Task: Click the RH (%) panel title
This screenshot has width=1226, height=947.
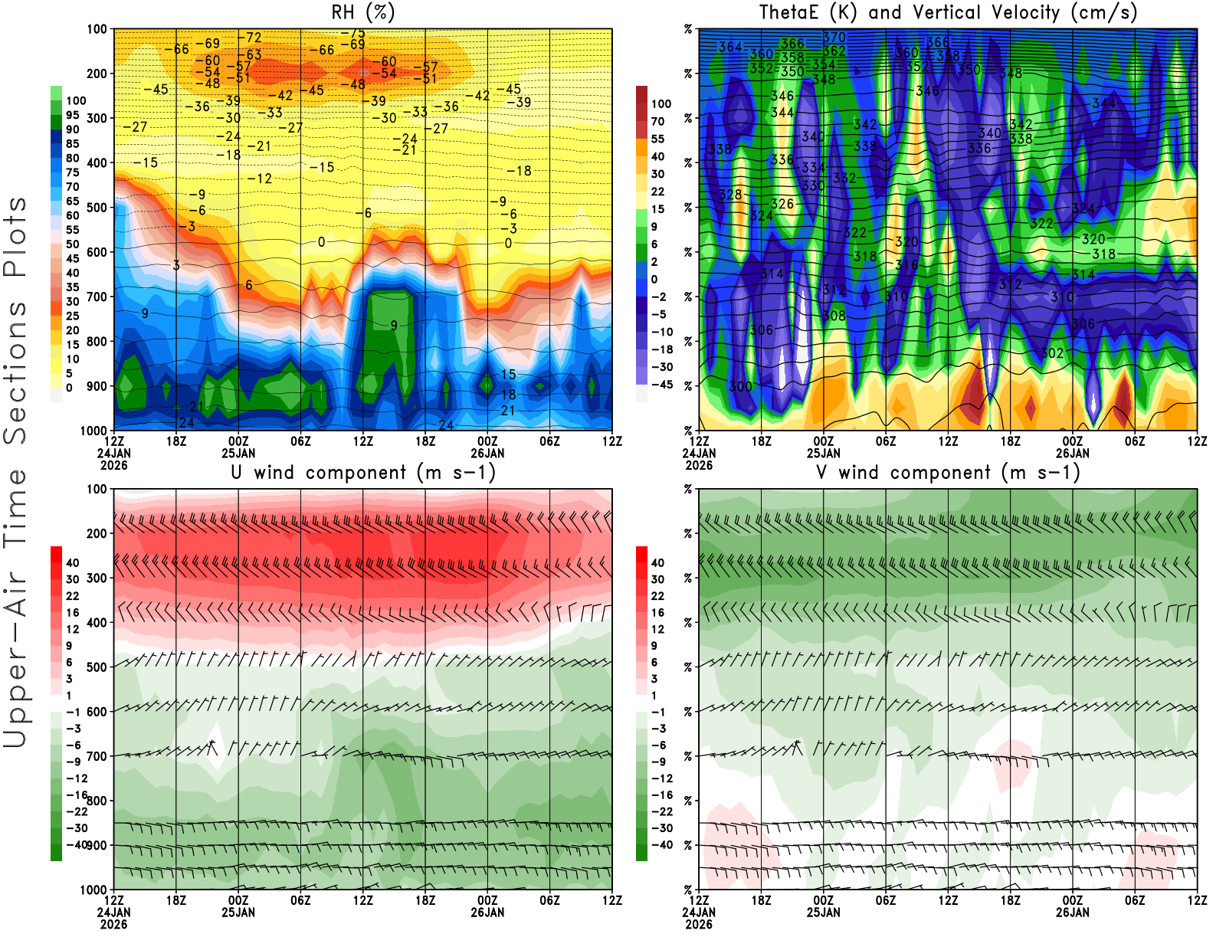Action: click(x=362, y=12)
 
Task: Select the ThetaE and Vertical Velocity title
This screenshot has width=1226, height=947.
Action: click(x=948, y=12)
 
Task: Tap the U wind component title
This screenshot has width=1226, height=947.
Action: click(x=363, y=472)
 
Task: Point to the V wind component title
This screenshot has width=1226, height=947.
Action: click(x=948, y=472)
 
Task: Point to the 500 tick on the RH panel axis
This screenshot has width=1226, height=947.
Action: click(x=97, y=208)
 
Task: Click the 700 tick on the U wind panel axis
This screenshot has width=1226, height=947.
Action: click(x=97, y=756)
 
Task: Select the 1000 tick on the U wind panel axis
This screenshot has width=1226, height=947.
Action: click(x=94, y=890)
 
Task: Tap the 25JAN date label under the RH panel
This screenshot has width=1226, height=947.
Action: click(x=238, y=454)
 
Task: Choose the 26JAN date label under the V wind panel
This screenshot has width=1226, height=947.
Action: click(x=1073, y=913)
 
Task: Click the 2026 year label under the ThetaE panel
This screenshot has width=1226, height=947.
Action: click(x=699, y=465)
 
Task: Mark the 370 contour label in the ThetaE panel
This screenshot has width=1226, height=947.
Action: click(x=834, y=38)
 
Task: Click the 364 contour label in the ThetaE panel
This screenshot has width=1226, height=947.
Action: click(x=730, y=47)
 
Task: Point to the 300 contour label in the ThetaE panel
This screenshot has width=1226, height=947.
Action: click(x=740, y=387)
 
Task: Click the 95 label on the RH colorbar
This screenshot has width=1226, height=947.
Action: click(x=72, y=115)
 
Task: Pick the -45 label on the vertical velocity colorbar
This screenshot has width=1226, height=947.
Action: click(x=661, y=385)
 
